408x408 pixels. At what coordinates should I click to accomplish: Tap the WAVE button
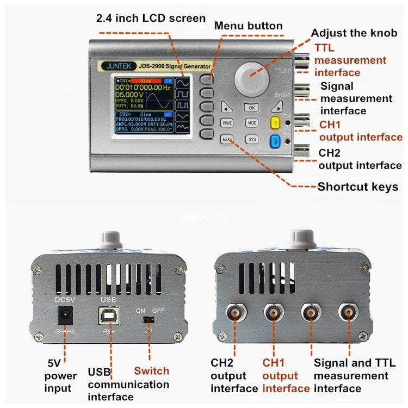tap(227, 123)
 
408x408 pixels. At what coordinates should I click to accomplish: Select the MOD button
tap(251, 123)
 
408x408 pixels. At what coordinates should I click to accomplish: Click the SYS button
tap(252, 140)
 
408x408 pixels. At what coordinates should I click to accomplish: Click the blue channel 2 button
tap(276, 141)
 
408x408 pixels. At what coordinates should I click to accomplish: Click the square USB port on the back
tap(106, 316)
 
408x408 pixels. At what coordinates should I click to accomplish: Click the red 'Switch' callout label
tap(151, 371)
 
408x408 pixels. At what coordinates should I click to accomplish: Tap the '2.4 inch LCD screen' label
tap(151, 18)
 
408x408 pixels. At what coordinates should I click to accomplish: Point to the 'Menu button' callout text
tap(248, 26)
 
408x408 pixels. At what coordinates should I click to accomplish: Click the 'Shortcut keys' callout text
tap(357, 187)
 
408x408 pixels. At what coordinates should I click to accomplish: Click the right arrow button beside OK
tap(276, 107)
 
